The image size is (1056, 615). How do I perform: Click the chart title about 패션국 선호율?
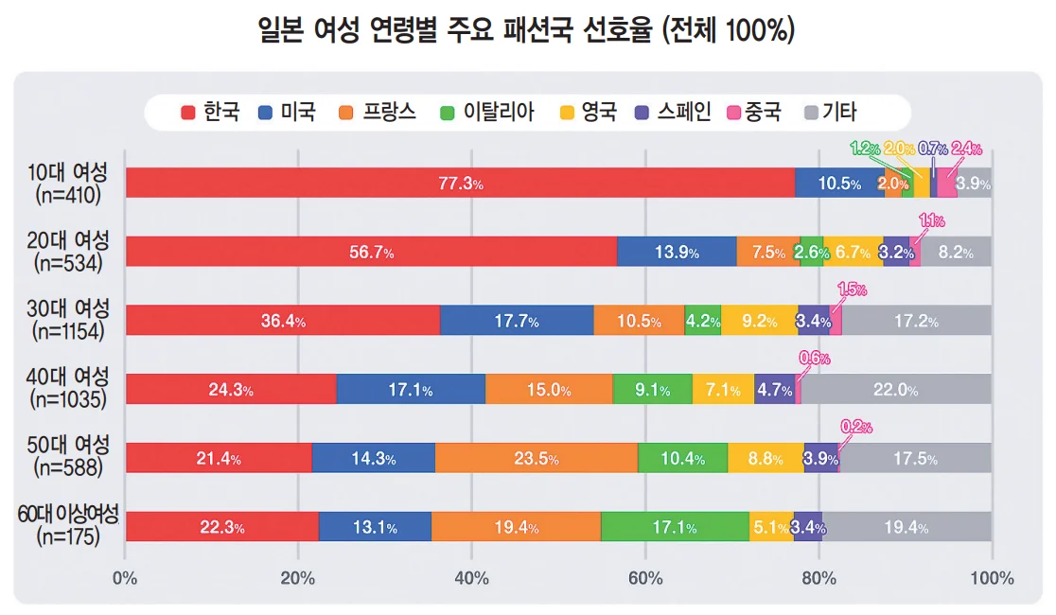coord(527,30)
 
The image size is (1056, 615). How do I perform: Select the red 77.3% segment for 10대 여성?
coord(460,184)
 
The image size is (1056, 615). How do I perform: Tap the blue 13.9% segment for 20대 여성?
coord(677,253)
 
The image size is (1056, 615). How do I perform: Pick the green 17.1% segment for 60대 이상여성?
coord(675,527)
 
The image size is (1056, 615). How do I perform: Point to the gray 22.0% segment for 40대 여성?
coord(895,390)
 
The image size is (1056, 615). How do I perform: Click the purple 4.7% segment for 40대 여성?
coord(775,390)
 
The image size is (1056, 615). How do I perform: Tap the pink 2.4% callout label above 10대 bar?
coord(966,149)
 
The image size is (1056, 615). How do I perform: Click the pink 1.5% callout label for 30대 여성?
coord(852,290)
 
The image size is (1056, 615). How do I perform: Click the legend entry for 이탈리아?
coord(488,114)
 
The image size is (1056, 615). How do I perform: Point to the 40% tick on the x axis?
coord(471,578)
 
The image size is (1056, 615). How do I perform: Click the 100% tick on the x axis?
coord(992,578)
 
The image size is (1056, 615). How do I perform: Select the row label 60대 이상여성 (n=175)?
coord(67,526)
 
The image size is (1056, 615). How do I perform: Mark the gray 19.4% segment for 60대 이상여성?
coord(906,527)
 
